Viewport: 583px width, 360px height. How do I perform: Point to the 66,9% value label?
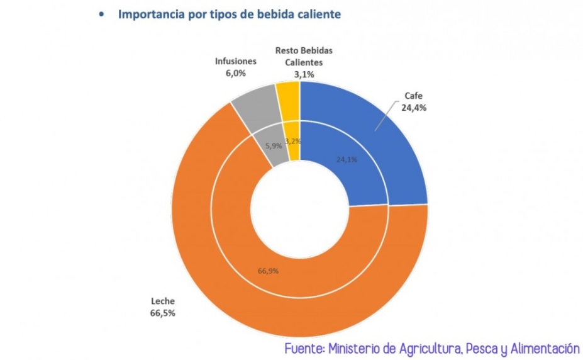[x=269, y=271]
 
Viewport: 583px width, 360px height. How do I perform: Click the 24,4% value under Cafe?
[x=414, y=108]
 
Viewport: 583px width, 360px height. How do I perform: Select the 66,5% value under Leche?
[x=162, y=313]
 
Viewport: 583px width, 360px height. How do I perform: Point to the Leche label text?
[x=162, y=301]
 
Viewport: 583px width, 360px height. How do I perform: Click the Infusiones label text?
[x=235, y=62]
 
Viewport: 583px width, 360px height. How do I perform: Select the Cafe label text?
[x=414, y=97]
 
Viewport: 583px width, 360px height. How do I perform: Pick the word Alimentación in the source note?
[x=541, y=348]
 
